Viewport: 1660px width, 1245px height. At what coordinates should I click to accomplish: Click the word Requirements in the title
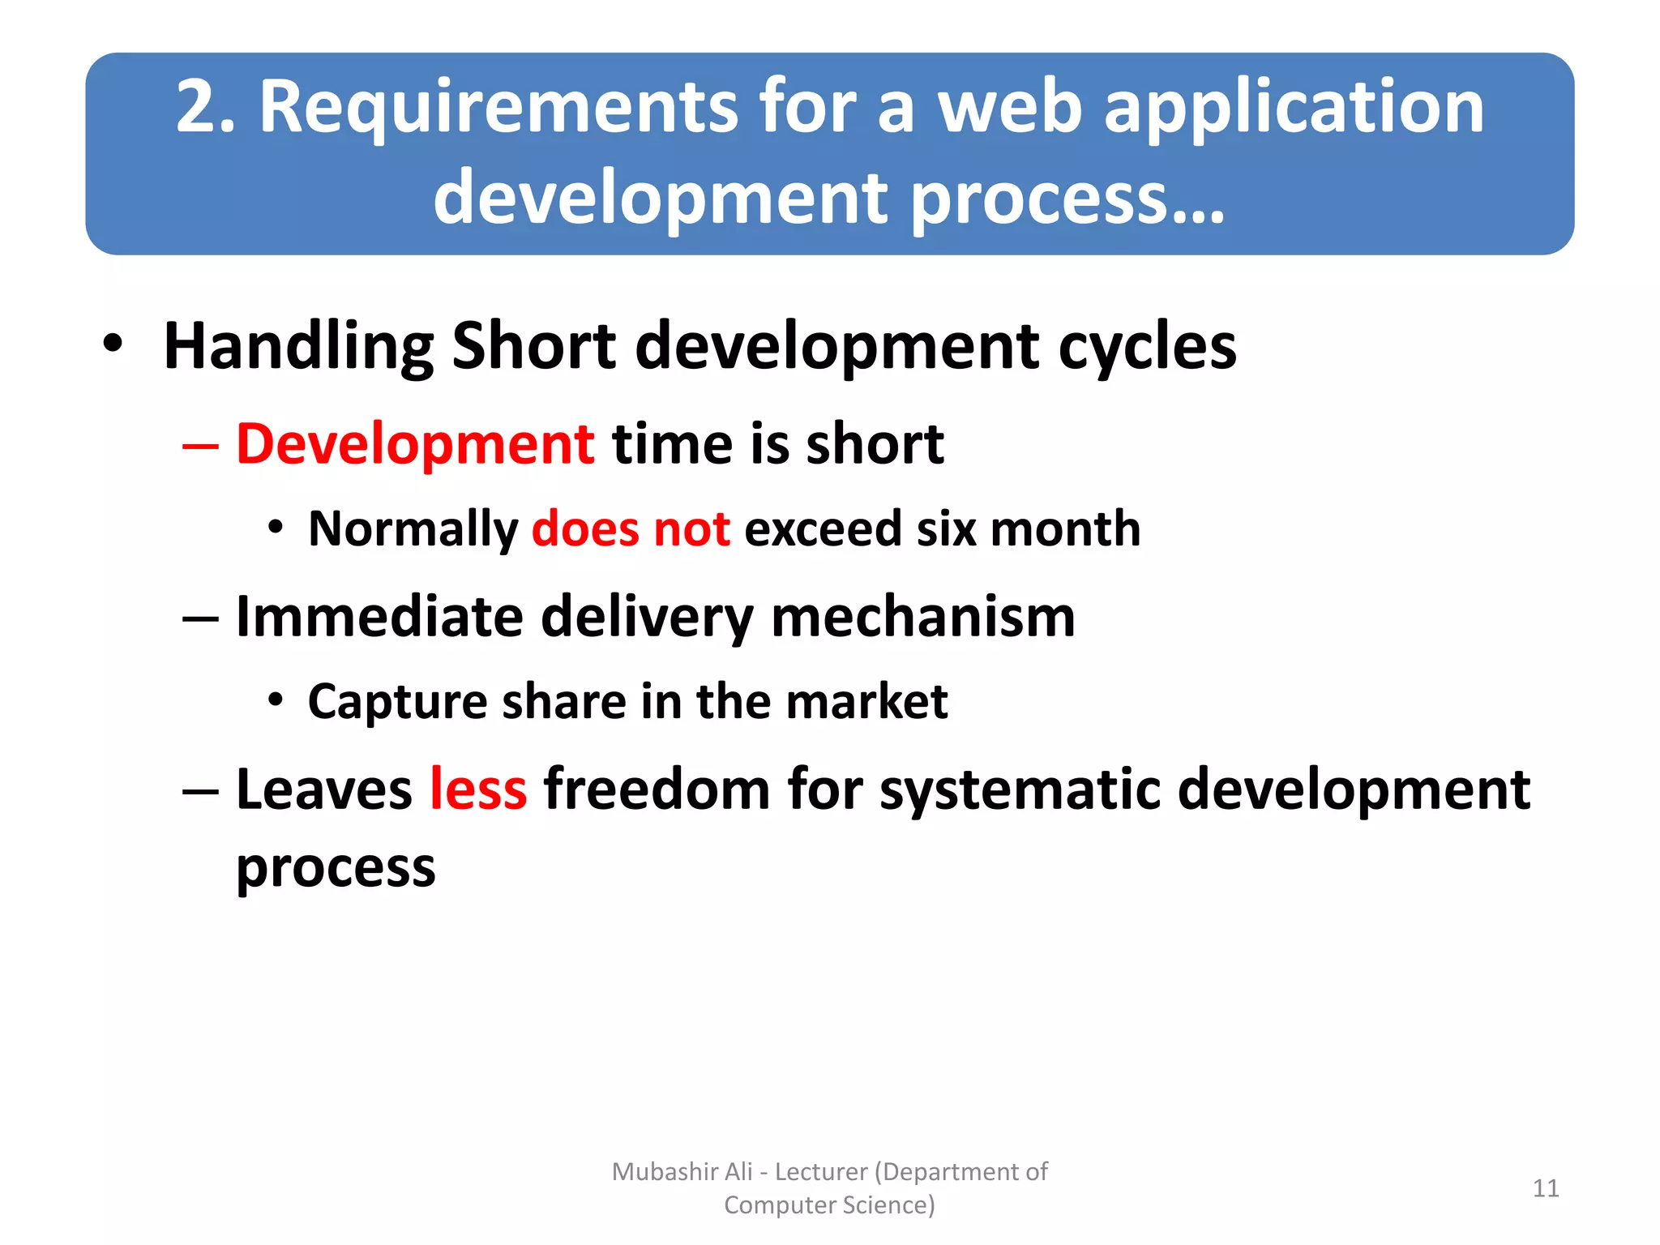pos(498,108)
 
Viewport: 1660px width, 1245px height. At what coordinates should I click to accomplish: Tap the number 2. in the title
pos(206,108)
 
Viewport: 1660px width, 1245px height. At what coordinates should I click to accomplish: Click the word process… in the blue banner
pos(1068,199)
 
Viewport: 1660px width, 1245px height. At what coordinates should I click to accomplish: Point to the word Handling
pos(298,347)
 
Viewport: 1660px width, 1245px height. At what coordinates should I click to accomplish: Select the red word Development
pos(415,444)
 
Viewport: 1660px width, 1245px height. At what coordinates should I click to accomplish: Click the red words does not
pos(631,528)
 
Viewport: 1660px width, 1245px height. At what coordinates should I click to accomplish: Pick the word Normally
pos(413,528)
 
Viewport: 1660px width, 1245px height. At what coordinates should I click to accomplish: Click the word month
pos(1065,528)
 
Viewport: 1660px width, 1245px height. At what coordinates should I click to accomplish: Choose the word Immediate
pos(379,617)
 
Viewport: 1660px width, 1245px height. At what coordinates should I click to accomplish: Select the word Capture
pos(397,701)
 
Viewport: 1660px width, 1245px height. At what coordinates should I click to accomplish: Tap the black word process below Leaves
pos(336,868)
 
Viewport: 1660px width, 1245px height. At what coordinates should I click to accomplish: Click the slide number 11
pos(1545,1188)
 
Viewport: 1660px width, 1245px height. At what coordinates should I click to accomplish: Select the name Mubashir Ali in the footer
pos(682,1171)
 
